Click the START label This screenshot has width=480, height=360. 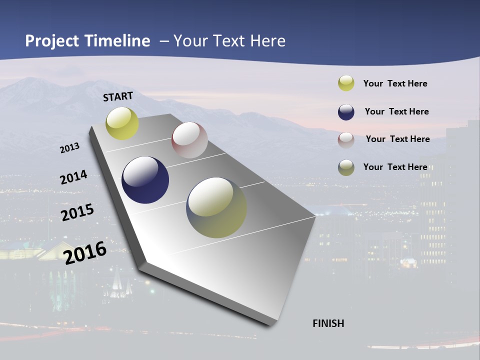(118, 96)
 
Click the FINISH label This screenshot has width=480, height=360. (328, 323)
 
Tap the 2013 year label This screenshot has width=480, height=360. (69, 148)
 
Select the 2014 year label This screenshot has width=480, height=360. (73, 177)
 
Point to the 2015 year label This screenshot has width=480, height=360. (77, 212)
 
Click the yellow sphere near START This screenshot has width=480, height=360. (122, 123)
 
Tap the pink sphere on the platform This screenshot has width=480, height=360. (189, 140)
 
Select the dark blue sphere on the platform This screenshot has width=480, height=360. (145, 180)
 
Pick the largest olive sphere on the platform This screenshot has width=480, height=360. (216, 207)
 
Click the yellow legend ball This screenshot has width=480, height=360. (346, 83)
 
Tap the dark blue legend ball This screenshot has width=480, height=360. (346, 112)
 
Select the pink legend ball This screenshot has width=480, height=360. (346, 140)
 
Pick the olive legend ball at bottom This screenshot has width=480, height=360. (346, 167)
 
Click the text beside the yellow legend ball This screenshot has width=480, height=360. (395, 83)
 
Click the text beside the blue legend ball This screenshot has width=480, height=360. (396, 111)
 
